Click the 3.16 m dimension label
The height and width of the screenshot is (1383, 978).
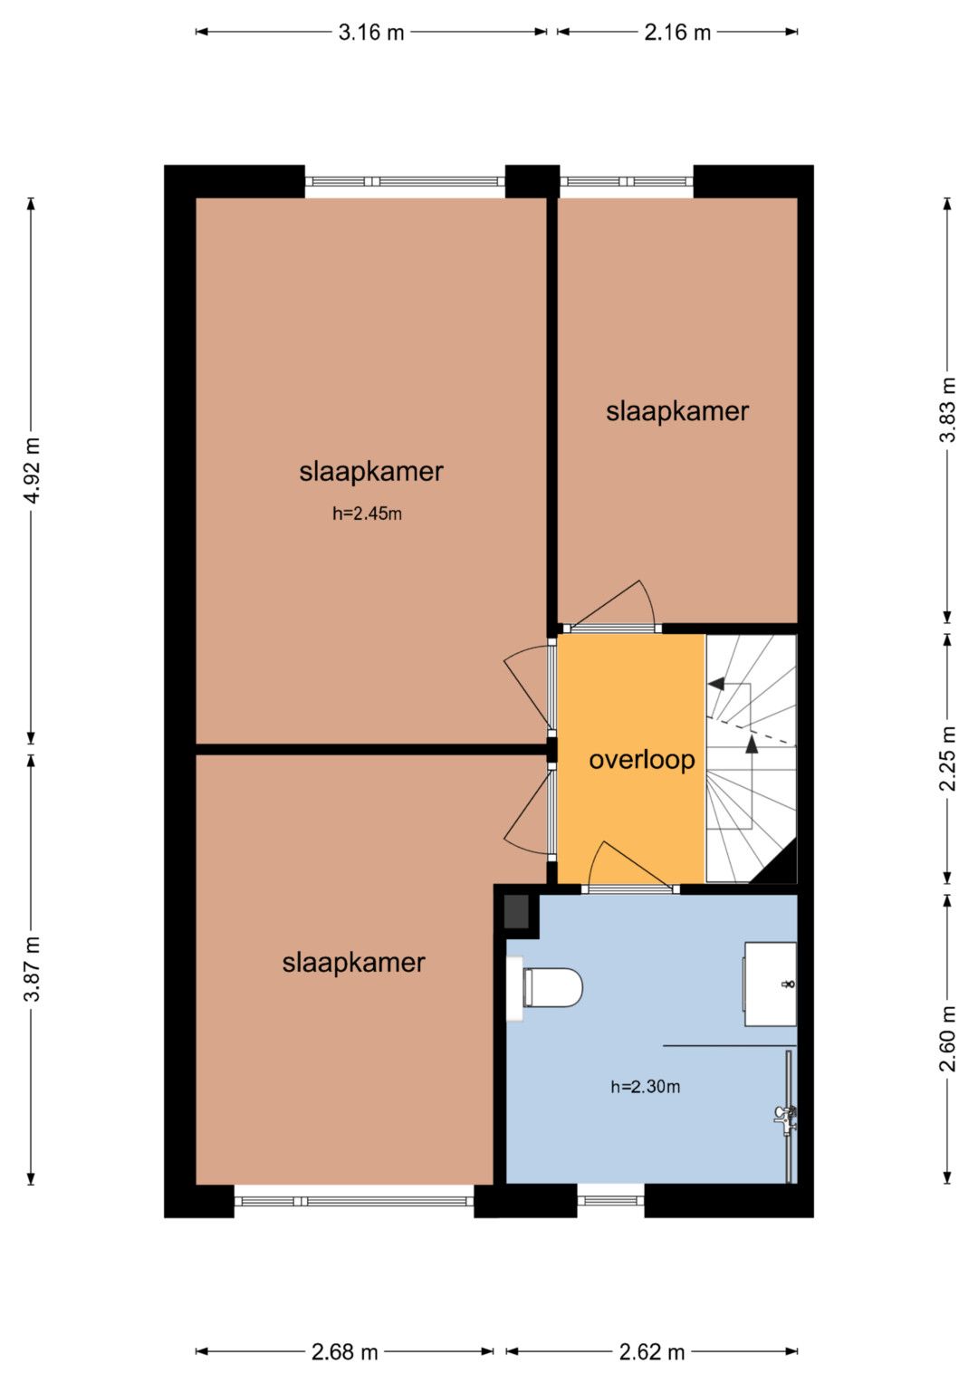pos(371,32)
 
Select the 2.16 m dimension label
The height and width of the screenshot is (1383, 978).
pos(677,32)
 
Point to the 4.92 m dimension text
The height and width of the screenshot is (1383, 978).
pos(32,470)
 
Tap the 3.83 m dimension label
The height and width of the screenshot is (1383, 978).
pos(947,409)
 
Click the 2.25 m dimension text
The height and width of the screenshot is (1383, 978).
pos(947,758)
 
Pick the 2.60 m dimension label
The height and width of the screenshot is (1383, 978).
pos(947,1039)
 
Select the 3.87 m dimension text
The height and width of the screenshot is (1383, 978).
pos(32,968)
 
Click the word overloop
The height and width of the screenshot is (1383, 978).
pos(641,761)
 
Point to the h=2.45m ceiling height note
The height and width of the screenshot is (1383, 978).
pos(367,513)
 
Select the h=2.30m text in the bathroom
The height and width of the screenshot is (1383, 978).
pos(645,1087)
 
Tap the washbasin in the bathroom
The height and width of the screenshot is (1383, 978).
pos(770,984)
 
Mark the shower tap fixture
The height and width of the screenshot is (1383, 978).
pos(785,1119)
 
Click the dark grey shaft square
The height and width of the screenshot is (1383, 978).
pos(517,911)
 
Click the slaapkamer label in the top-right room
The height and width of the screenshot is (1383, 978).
pos(676,411)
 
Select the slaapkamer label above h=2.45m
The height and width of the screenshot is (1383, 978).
pos(371,471)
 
